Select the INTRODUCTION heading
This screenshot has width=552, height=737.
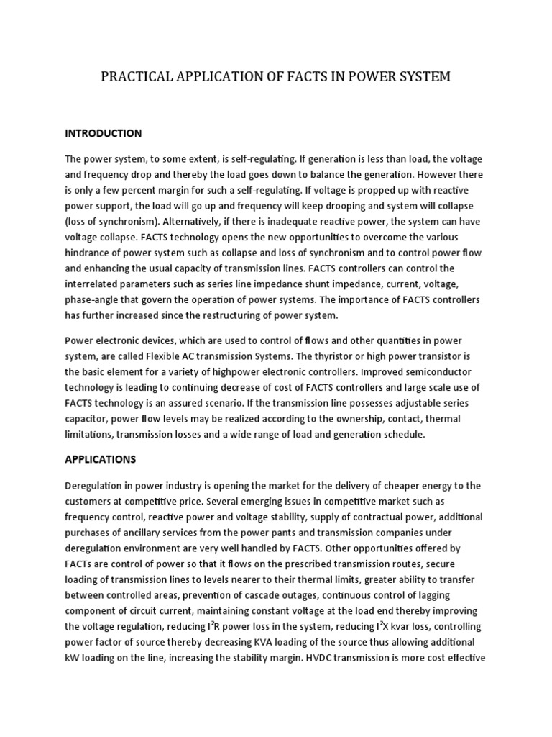coord(103,133)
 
